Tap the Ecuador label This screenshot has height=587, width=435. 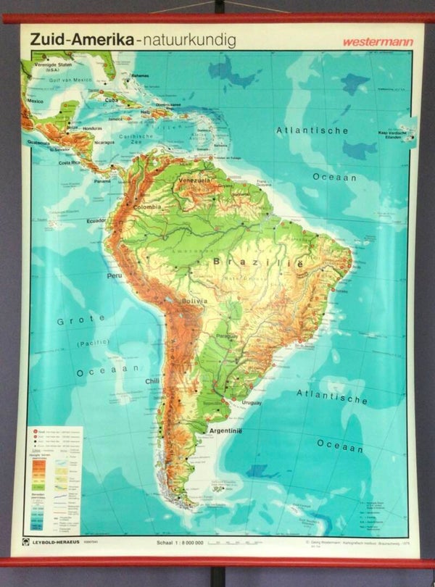(x=96, y=220)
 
